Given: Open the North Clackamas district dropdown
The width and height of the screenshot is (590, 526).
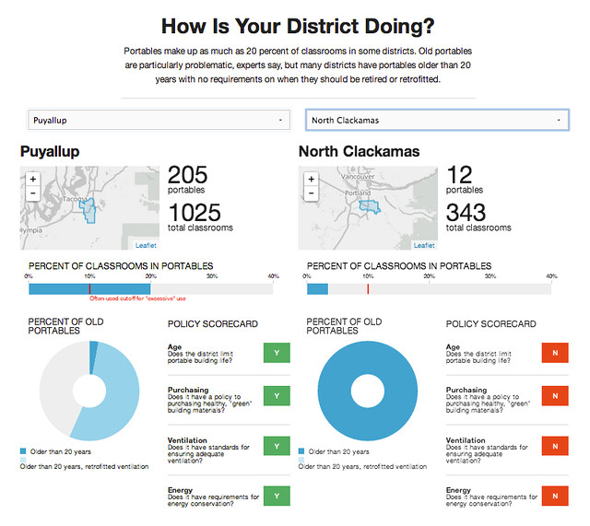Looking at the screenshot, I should click(436, 120).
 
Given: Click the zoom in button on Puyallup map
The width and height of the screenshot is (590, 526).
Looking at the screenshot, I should click(33, 179).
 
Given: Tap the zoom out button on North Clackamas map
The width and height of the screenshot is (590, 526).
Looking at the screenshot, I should click(311, 193).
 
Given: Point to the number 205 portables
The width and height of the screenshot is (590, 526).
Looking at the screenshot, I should click(188, 174).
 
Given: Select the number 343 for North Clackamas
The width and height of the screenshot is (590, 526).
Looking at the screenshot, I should click(466, 212).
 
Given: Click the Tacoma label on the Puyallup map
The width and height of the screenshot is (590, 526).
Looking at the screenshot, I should click(75, 199).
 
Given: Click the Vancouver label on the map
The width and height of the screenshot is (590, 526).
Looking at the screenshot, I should click(355, 176).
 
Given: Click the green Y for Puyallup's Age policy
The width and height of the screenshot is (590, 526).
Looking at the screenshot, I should click(277, 352).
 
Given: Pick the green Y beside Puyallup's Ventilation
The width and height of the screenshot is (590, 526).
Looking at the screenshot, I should click(277, 446).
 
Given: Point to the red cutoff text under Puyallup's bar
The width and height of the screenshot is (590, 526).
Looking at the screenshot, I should click(137, 299).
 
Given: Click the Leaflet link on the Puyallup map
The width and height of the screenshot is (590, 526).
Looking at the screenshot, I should click(146, 245).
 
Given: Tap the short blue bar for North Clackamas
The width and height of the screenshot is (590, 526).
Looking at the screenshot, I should click(317, 288).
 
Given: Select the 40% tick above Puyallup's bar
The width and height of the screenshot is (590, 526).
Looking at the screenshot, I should click(273, 275).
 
